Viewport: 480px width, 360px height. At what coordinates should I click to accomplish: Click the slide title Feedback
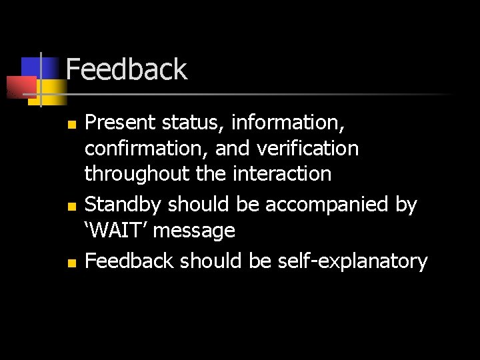(127, 69)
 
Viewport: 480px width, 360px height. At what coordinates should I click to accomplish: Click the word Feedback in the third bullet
(129, 261)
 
